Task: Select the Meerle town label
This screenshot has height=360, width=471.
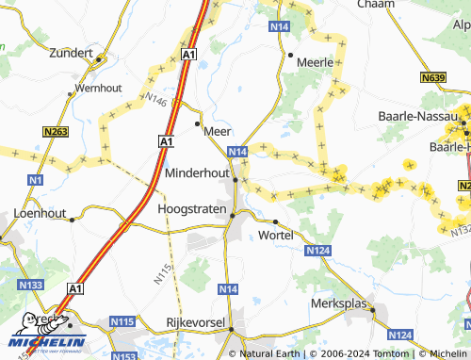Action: click(x=317, y=62)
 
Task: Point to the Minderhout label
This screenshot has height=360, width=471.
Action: click(x=197, y=173)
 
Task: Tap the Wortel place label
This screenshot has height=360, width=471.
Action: click(x=276, y=234)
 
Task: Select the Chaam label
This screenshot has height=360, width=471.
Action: click(x=376, y=5)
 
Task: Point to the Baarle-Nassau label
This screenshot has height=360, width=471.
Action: click(x=410, y=115)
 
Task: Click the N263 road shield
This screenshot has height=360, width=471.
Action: click(x=56, y=132)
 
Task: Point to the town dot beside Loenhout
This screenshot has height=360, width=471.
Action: click(x=73, y=220)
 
